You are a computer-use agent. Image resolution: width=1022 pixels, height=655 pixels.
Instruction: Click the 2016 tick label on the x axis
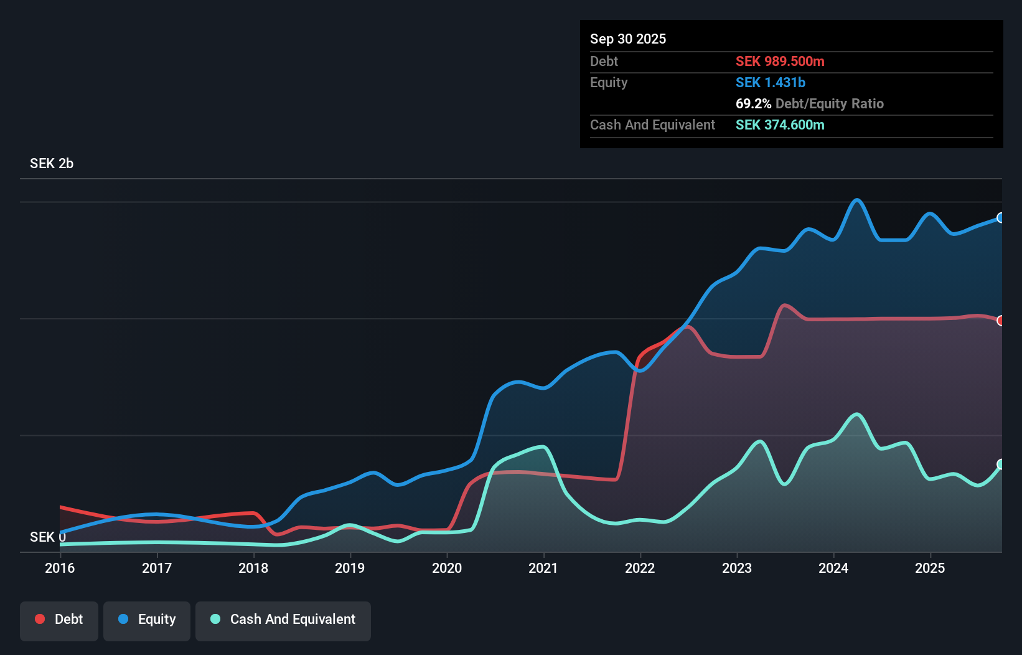point(60,568)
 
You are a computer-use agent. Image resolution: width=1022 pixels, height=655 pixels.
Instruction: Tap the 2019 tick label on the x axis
point(350,568)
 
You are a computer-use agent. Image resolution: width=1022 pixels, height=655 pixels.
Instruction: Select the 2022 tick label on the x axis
point(640,568)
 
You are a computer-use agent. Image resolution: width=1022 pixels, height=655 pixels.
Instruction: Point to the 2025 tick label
point(930,568)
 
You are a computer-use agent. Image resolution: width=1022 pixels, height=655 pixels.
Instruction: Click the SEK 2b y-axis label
point(52,163)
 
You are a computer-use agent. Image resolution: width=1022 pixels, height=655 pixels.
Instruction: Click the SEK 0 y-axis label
point(47,537)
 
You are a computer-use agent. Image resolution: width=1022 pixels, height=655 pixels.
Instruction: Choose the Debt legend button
point(59,620)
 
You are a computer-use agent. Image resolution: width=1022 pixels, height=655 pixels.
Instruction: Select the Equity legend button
point(147,620)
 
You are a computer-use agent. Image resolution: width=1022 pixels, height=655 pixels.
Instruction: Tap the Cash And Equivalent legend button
point(283,620)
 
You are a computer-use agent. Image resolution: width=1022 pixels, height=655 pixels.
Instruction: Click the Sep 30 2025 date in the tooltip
point(628,39)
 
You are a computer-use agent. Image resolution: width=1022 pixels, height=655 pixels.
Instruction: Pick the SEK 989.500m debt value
point(780,61)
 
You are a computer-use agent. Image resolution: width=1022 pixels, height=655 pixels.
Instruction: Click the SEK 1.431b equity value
point(771,82)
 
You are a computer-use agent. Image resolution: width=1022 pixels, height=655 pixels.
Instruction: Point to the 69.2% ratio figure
point(753,103)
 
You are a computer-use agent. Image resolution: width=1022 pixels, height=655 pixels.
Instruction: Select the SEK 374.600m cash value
point(780,125)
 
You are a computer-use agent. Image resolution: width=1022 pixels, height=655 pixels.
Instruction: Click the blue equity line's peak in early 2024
point(857,200)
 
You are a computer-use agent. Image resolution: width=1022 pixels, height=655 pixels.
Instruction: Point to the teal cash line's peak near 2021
point(543,446)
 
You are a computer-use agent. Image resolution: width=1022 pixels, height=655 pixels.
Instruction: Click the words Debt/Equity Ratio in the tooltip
point(830,103)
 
